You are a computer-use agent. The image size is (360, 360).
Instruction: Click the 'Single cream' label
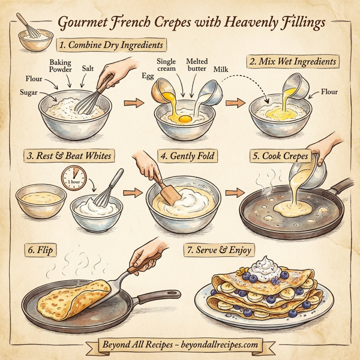[166, 65]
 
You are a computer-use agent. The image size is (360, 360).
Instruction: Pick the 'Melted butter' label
[197, 65]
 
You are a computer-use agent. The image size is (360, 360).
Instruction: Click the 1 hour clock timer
[74, 179]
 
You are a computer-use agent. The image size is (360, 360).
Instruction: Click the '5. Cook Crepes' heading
[280, 156]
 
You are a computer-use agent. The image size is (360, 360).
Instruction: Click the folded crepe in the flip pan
[68, 300]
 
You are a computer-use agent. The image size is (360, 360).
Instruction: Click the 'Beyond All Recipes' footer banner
[180, 345]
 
